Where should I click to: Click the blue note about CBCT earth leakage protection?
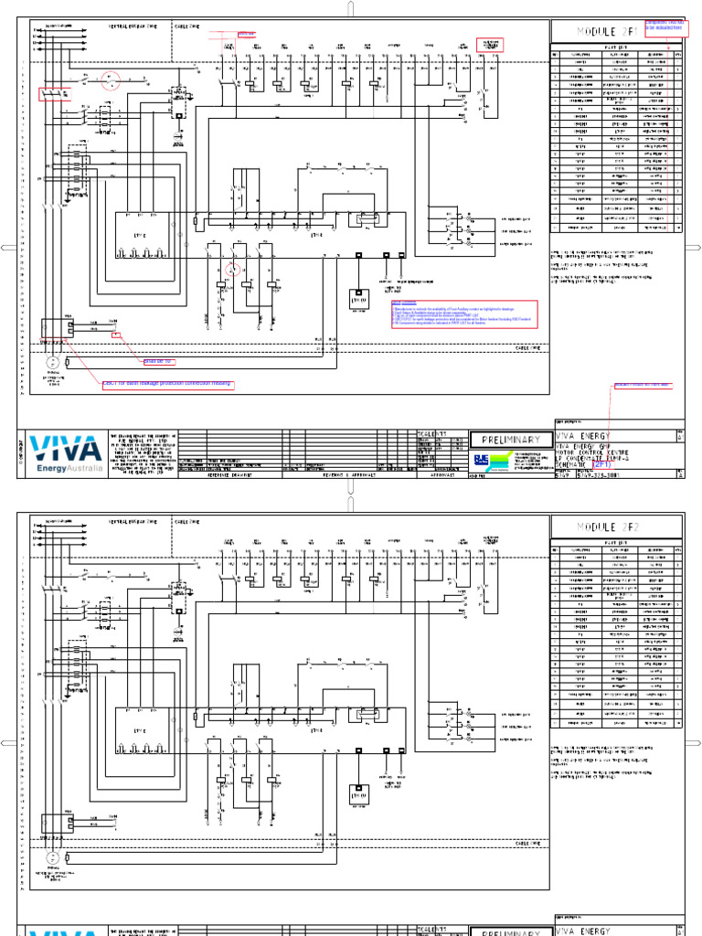167,383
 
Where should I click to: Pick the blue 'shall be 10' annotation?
154,361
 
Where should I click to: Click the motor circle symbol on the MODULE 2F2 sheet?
53,858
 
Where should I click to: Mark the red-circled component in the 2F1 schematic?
232,270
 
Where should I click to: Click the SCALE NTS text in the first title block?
431,433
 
